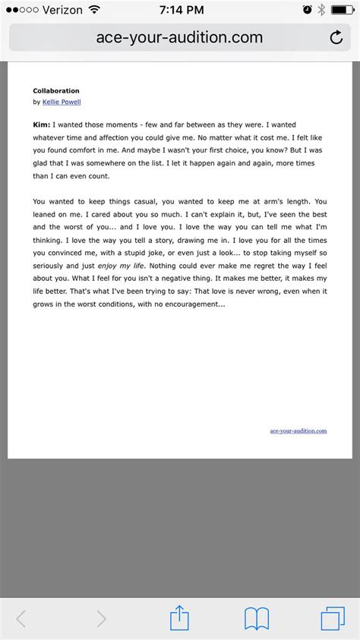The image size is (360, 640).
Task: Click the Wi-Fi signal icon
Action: click(x=94, y=10)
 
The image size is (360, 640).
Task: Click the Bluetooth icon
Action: click(x=321, y=10)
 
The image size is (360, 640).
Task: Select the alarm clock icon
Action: click(x=307, y=10)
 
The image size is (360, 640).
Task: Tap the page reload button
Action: click(x=336, y=37)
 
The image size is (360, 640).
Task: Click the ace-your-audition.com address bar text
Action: click(x=179, y=37)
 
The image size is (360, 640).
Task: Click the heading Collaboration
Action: click(x=56, y=90)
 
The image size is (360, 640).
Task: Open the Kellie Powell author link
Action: click(x=62, y=102)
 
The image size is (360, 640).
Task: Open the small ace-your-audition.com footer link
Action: click(x=298, y=430)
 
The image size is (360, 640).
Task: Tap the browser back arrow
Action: click(x=21, y=619)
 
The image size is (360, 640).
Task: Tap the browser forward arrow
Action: click(x=101, y=619)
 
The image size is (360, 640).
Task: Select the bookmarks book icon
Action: click(x=257, y=619)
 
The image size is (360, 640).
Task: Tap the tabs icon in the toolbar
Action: click(x=333, y=619)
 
